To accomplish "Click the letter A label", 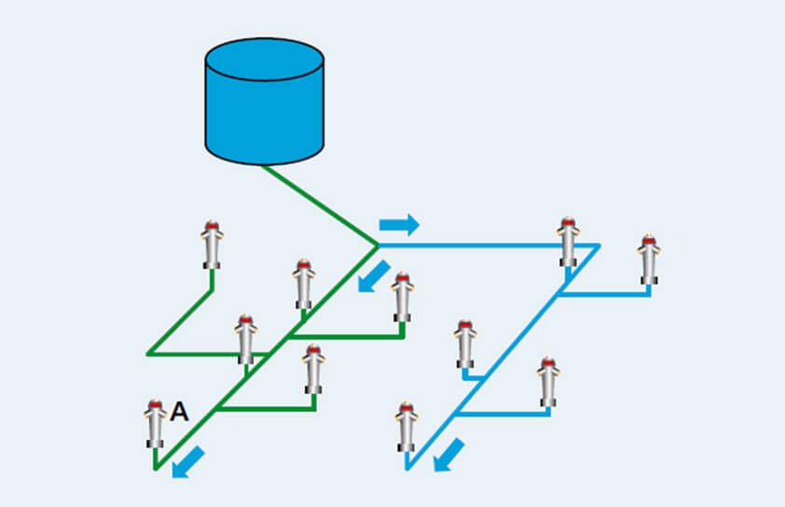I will point(179,412).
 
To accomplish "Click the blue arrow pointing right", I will point(399,225).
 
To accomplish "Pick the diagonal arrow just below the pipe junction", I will point(374,275).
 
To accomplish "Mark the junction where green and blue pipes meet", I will point(377,245).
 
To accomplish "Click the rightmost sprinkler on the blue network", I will point(649,259).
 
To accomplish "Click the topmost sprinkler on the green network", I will point(213,244).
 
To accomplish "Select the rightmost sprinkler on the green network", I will point(402,296).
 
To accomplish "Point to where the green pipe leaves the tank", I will point(264,166).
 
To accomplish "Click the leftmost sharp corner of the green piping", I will point(147,354).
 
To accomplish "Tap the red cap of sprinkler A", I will point(155,405).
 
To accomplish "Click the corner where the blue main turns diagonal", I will point(599,245).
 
